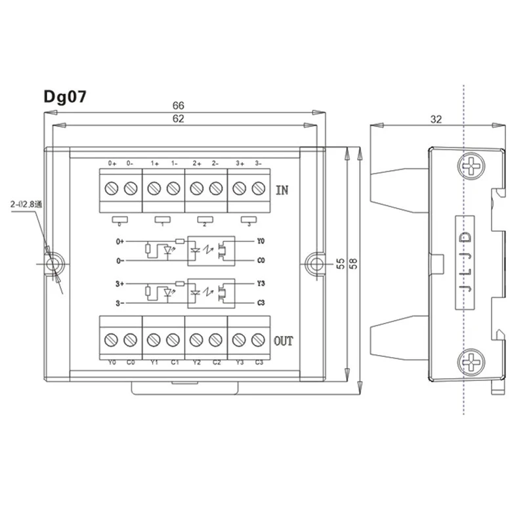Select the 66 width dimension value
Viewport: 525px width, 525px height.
click(x=178, y=105)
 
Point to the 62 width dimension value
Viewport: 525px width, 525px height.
click(x=178, y=119)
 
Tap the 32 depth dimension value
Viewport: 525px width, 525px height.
click(x=436, y=119)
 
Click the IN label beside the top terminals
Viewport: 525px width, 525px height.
click(x=282, y=191)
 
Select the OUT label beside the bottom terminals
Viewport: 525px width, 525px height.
click(x=283, y=341)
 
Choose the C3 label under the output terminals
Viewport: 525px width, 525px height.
click(x=259, y=362)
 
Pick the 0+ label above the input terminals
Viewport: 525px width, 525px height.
click(x=112, y=163)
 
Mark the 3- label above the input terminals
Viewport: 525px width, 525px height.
click(x=258, y=163)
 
